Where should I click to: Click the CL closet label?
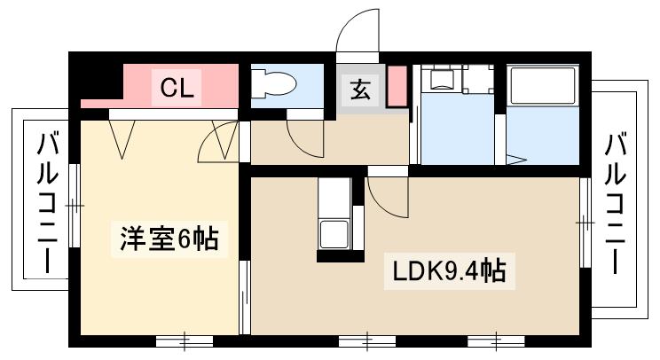pos(178,88)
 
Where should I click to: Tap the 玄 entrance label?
pos(360,89)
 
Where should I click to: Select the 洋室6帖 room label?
pos(169,239)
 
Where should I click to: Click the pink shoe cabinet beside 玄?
pos(397,86)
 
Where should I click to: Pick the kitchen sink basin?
pos(334,235)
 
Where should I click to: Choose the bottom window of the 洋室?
pos(184,340)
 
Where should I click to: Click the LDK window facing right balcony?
pos(585,223)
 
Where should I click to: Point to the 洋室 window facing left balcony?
pos(76,204)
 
